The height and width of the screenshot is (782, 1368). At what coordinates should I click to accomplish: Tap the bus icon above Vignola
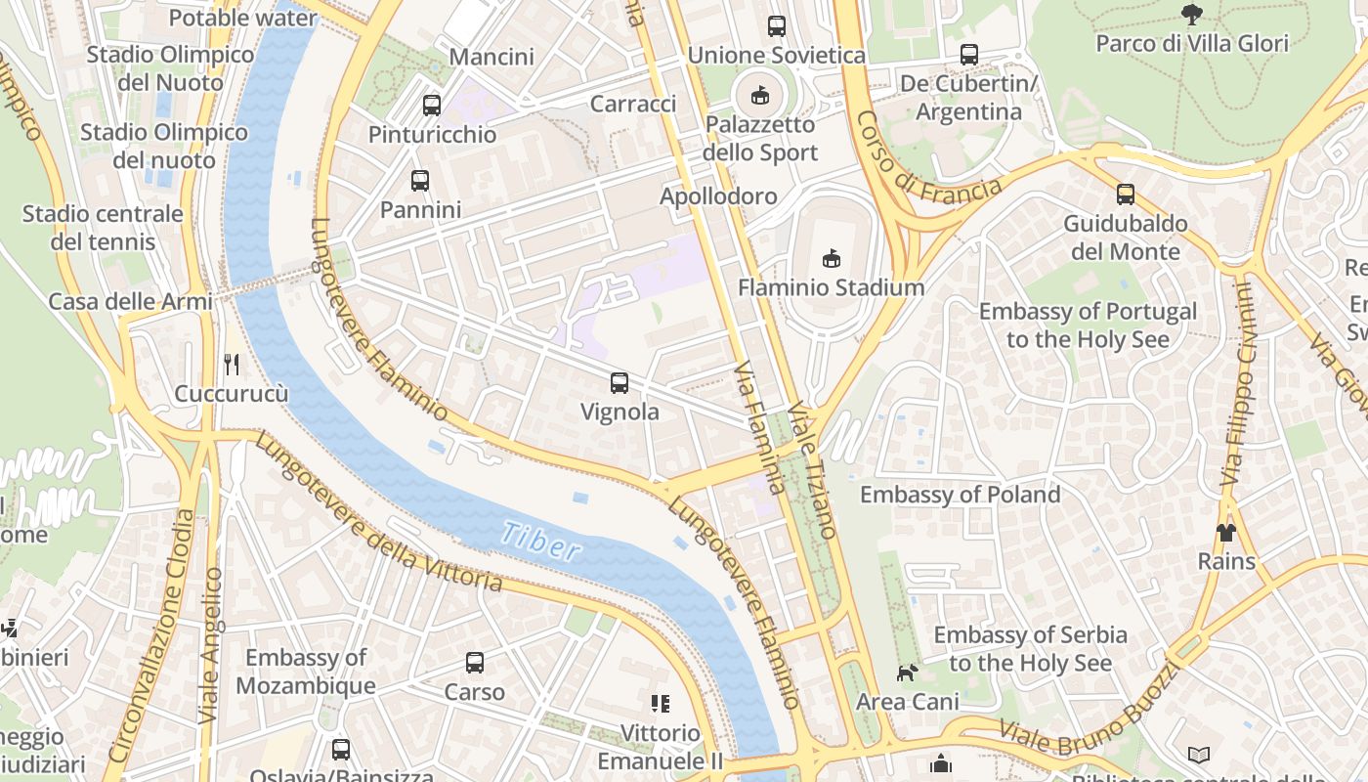pos(620,382)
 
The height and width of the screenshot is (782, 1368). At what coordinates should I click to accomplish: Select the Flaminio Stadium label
pos(831,287)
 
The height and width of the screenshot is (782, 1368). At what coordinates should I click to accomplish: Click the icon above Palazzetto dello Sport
pos(760,95)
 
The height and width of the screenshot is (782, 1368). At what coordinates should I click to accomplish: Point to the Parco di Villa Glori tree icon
pos(1191,14)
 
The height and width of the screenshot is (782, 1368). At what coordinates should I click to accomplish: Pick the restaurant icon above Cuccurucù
pos(232,365)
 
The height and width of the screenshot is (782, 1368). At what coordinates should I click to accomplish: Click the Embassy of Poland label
pos(960,495)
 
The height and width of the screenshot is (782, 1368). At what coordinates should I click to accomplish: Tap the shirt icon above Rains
pos(1226,533)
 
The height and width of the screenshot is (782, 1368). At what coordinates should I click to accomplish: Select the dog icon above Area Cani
pos(908,673)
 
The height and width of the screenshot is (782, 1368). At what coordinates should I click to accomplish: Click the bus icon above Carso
pos(475,663)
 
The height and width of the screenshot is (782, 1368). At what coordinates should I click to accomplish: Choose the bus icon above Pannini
pos(420,181)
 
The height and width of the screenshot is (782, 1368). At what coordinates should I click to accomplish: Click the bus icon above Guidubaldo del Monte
pos(1126,195)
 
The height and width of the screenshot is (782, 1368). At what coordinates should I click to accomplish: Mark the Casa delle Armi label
pos(130,301)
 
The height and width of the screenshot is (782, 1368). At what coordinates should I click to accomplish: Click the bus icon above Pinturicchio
pos(432,106)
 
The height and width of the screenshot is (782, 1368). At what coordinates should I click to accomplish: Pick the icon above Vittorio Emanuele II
pos(661,704)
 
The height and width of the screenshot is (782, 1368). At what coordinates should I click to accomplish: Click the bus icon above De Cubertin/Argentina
pos(968,55)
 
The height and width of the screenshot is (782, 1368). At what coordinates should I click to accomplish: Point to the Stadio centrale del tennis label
pos(103,227)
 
